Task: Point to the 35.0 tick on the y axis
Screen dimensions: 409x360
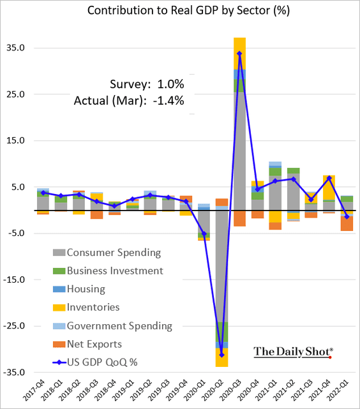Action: coord(16,48)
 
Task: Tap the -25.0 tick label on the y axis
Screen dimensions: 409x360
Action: coord(15,326)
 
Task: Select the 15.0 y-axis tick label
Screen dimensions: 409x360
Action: coord(16,140)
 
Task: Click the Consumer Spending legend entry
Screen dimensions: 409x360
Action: coord(114,253)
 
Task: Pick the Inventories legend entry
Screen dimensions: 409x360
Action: coord(93,307)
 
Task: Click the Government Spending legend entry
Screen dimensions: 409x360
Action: coord(119,325)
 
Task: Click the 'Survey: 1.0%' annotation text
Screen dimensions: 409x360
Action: coord(138,84)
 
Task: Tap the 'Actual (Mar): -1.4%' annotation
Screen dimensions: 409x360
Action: coord(129,100)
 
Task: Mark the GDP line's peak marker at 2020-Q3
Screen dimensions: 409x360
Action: coord(239,54)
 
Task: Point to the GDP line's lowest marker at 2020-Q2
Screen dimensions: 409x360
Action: coord(221,354)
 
